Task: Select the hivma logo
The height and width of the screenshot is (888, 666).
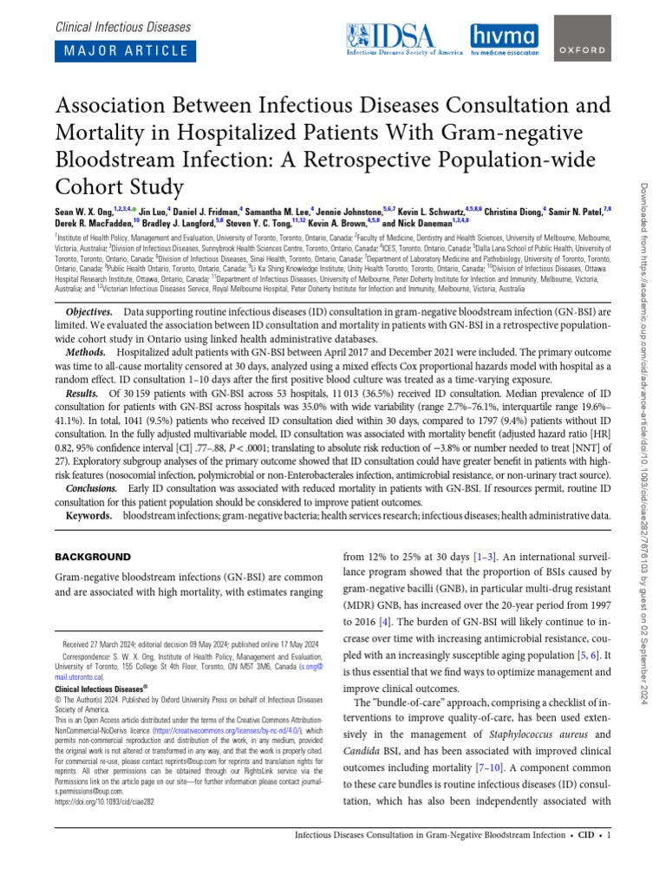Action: coord(505,39)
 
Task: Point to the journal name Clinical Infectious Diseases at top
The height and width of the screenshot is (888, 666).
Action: coord(122,27)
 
